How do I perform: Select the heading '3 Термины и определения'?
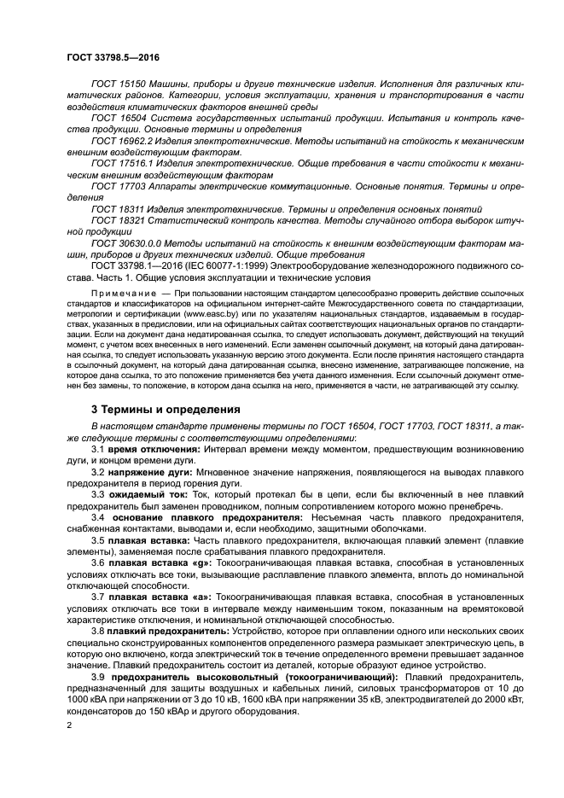point(165,409)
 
